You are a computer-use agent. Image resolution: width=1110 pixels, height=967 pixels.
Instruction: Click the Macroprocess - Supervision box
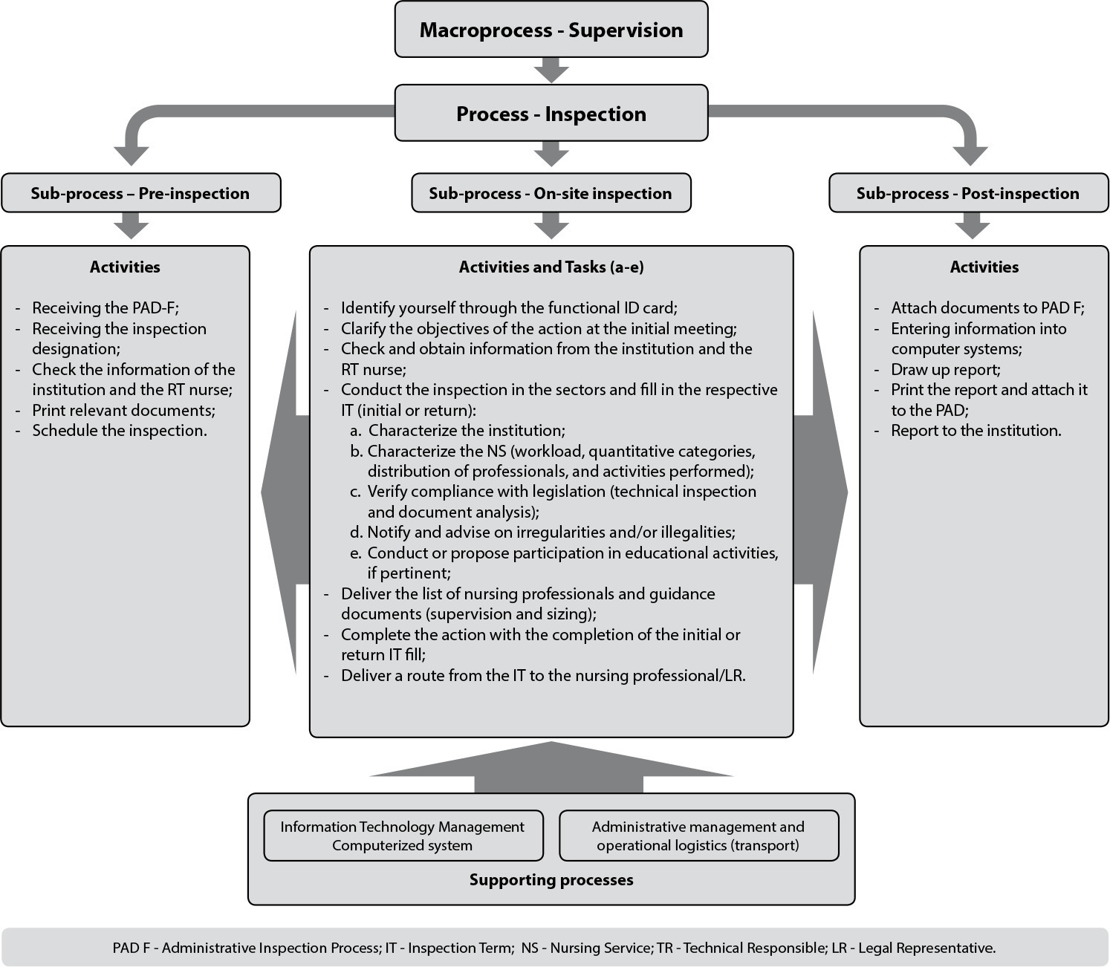pyautogui.click(x=551, y=29)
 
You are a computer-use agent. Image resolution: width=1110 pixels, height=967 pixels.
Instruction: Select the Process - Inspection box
pyautogui.click(x=551, y=113)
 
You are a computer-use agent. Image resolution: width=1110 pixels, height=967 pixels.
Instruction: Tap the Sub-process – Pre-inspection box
pyautogui.click(x=141, y=192)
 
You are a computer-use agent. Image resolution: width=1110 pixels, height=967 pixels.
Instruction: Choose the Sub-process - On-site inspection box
pyautogui.click(x=551, y=192)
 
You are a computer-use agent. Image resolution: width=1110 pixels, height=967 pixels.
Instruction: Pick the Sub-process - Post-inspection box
pyautogui.click(x=968, y=192)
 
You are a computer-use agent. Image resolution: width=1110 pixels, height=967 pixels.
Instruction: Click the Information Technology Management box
pyautogui.click(x=403, y=836)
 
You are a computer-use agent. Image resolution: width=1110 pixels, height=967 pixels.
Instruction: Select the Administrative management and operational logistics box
pyautogui.click(x=699, y=836)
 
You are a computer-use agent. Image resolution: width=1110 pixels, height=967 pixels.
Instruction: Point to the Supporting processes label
pyautogui.click(x=551, y=879)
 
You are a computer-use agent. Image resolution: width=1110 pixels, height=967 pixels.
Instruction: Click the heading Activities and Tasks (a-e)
pyautogui.click(x=551, y=267)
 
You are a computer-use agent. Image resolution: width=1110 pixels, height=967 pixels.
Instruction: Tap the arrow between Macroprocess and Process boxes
pyautogui.click(x=551, y=71)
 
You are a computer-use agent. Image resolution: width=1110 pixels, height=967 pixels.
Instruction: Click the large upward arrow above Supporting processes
pyautogui.click(x=551, y=767)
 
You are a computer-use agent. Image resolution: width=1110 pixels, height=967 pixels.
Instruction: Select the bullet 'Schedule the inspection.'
pyautogui.click(x=120, y=431)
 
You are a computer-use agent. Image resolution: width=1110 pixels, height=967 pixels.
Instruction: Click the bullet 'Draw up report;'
pyautogui.click(x=946, y=370)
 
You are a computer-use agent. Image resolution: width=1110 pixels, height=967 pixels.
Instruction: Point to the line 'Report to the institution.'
pyautogui.click(x=976, y=431)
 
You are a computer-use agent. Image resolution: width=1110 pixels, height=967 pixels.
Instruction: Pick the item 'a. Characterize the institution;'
pyautogui.click(x=458, y=431)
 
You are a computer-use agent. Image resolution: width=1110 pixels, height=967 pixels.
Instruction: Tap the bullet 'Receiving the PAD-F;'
pyautogui.click(x=106, y=308)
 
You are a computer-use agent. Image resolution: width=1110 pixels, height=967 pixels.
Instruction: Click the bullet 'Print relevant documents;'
pyautogui.click(x=123, y=411)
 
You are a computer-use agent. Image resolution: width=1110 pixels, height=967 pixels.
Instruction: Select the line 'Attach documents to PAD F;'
pyautogui.click(x=987, y=308)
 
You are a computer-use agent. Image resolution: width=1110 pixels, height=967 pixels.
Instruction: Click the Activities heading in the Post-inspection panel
pyautogui.click(x=984, y=267)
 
